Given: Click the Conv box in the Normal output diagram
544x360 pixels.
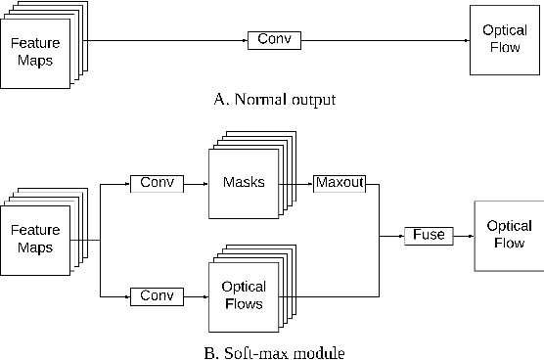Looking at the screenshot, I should [x=274, y=40].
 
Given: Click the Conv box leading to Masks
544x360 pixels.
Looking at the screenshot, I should [x=158, y=183].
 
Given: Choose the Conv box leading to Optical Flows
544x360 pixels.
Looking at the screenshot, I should [x=158, y=294].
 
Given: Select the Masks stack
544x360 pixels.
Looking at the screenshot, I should [x=243, y=184].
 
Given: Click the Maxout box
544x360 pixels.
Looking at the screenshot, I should [x=338, y=183].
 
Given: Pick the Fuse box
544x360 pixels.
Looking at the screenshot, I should [x=429, y=235].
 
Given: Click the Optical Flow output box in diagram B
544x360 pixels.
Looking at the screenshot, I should [x=508, y=235].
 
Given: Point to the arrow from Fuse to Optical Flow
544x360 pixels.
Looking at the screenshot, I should [x=463, y=235].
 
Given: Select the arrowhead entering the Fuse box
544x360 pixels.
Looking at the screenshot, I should [x=401, y=235].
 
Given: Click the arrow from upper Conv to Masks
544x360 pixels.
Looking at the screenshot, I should [x=197, y=183].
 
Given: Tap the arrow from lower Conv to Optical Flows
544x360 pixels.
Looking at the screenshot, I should [x=197, y=294].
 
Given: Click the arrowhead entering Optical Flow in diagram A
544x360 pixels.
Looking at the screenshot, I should [x=466, y=40].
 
